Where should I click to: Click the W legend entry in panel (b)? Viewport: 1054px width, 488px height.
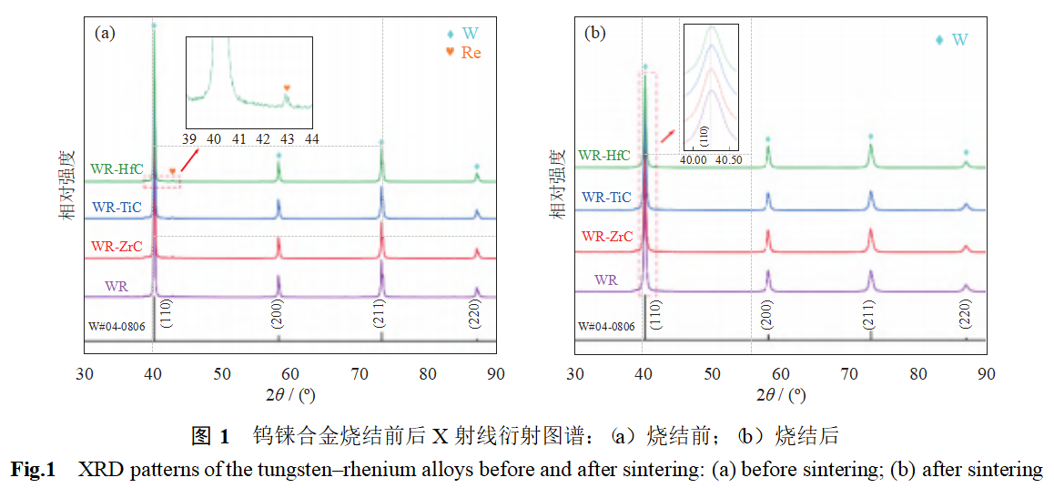pyautogui.click(x=952, y=40)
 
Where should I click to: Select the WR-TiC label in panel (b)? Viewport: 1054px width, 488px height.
pyautogui.click(x=606, y=197)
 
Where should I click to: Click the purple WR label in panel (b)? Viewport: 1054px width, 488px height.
pyautogui.click(x=606, y=280)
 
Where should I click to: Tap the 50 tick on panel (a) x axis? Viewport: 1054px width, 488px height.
pyautogui.click(x=221, y=373)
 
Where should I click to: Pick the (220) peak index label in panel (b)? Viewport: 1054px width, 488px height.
pyautogui.click(x=965, y=314)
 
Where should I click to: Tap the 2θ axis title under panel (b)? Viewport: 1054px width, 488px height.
pyautogui.click(x=781, y=395)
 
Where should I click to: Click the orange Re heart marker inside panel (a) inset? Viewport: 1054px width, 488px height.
pyautogui.click(x=287, y=88)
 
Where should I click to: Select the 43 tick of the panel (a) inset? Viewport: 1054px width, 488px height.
pyautogui.click(x=287, y=138)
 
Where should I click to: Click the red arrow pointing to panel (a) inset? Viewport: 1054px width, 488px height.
pyautogui.click(x=188, y=161)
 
